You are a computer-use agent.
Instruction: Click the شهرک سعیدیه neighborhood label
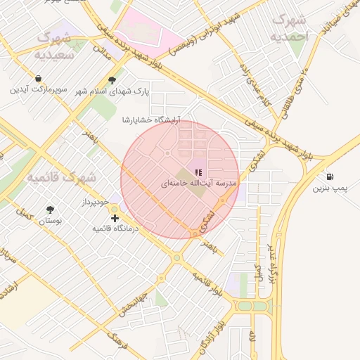click(x=54, y=44)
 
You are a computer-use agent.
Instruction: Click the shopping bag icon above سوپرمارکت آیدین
click(x=37, y=79)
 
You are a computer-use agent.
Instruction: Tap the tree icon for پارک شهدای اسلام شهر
click(x=112, y=80)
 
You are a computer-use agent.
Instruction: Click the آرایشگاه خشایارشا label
click(x=151, y=120)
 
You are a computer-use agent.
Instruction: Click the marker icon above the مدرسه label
click(x=199, y=172)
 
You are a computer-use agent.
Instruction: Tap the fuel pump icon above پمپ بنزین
click(x=330, y=177)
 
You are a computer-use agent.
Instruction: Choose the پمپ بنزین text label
click(x=330, y=188)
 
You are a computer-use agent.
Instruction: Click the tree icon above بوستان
click(x=49, y=210)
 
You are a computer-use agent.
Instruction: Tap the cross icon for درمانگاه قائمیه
click(x=115, y=219)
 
